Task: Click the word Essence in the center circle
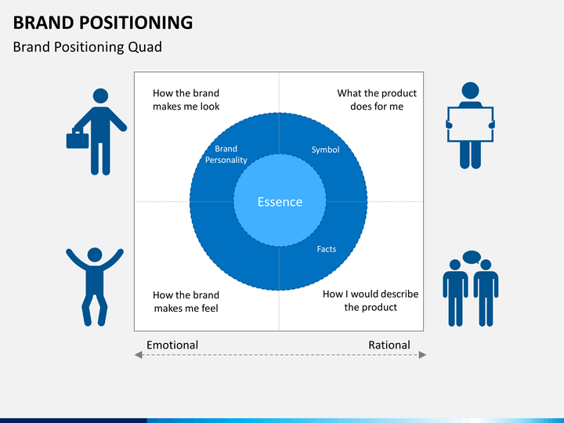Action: (x=280, y=202)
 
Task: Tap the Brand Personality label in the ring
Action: (x=226, y=154)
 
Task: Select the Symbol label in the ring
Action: (x=325, y=150)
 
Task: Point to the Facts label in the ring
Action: (x=326, y=249)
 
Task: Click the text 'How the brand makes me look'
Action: (x=186, y=99)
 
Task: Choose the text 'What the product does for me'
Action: (x=377, y=99)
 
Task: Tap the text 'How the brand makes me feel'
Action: (x=186, y=302)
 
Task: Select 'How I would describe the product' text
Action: (x=371, y=300)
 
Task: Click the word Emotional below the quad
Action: (x=172, y=345)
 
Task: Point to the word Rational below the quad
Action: (x=389, y=345)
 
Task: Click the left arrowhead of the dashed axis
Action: (x=139, y=355)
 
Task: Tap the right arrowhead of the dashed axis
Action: (x=423, y=355)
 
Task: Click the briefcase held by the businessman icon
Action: (x=78, y=139)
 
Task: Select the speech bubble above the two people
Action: (x=472, y=257)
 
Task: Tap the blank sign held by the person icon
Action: (x=470, y=125)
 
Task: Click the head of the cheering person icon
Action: (x=95, y=255)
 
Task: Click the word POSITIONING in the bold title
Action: (x=136, y=22)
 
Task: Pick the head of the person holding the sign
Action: (x=470, y=91)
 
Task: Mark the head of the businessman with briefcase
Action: (x=100, y=96)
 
